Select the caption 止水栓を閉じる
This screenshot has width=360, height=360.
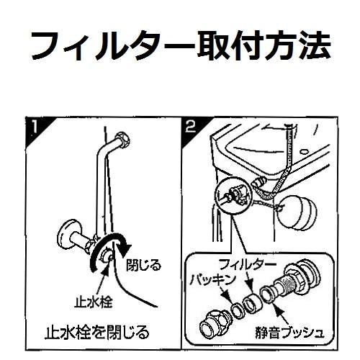tap(98, 333)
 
